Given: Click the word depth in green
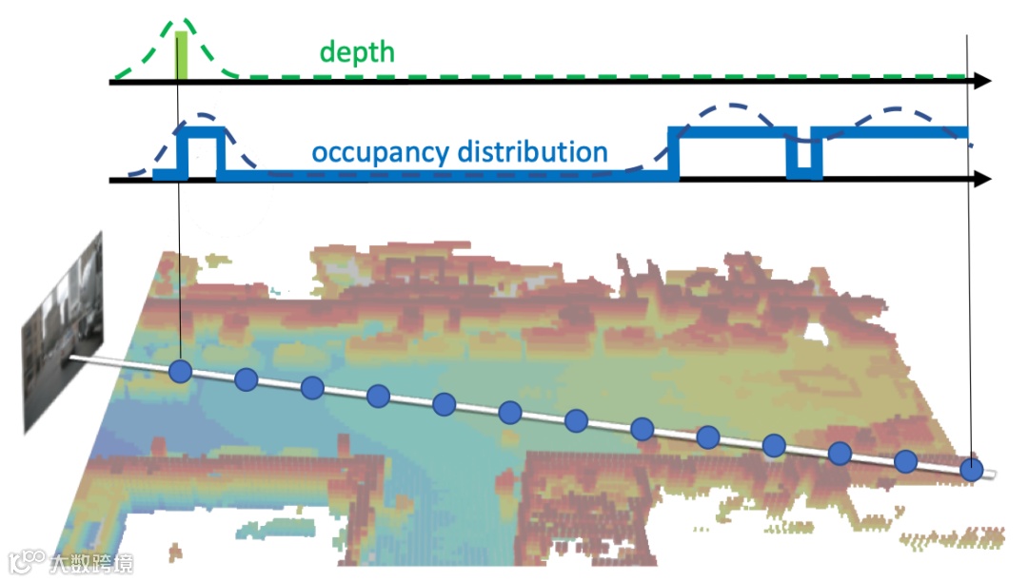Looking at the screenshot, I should click(356, 51).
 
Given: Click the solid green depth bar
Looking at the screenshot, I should click(181, 56).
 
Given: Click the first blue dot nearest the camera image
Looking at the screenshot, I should click(180, 372).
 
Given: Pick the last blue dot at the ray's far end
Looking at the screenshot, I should click(971, 469).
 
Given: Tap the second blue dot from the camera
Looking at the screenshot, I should click(246, 379).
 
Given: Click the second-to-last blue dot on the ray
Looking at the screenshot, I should click(906, 461).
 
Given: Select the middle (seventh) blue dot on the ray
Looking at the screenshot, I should click(576, 420).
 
